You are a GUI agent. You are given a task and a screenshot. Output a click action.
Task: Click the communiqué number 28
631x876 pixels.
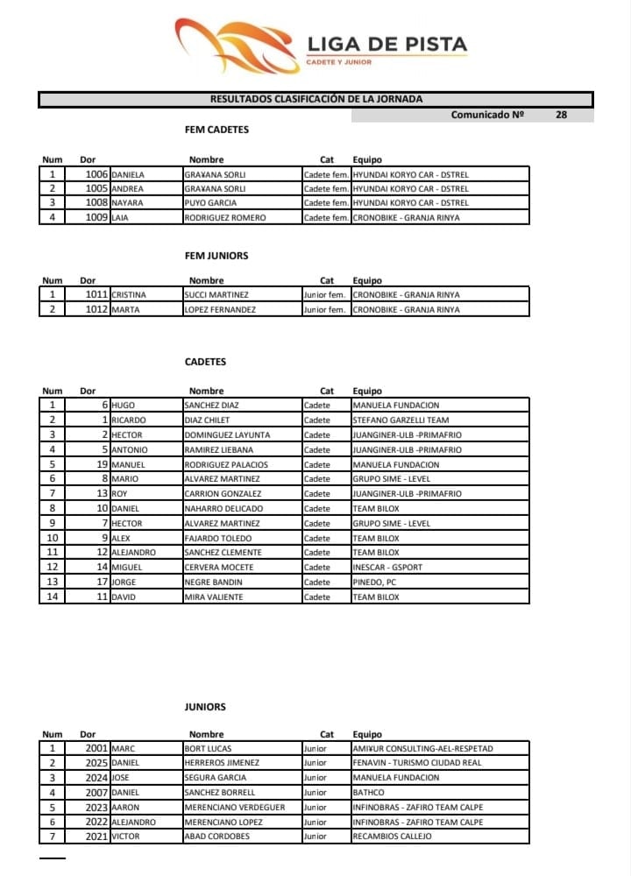[561, 115]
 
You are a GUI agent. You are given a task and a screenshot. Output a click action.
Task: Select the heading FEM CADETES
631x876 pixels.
[216, 130]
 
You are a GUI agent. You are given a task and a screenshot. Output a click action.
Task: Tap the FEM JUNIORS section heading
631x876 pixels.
[216, 256]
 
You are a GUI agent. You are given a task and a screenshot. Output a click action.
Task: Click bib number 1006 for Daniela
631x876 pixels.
[96, 174]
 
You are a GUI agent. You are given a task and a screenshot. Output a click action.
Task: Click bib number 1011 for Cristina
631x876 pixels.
[96, 295]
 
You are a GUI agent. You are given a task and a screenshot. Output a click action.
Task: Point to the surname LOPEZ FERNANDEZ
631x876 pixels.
[220, 310]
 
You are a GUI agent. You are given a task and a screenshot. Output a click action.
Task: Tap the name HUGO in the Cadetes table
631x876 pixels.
[124, 406]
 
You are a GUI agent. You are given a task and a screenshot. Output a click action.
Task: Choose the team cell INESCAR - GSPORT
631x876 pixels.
[387, 568]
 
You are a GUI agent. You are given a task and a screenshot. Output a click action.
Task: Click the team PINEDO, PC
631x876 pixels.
[375, 583]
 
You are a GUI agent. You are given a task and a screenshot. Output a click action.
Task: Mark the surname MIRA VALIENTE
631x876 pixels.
[214, 597]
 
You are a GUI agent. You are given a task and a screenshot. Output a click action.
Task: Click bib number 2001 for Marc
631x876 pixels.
[96, 749]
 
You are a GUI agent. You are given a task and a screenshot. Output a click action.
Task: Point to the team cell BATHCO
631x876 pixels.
[369, 793]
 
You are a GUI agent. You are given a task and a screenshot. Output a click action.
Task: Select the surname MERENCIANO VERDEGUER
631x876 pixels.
[234, 808]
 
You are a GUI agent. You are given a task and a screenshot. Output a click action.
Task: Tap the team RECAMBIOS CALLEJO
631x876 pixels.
[392, 837]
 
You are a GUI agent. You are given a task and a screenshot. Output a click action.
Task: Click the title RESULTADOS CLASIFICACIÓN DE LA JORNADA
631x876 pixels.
[315, 100]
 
